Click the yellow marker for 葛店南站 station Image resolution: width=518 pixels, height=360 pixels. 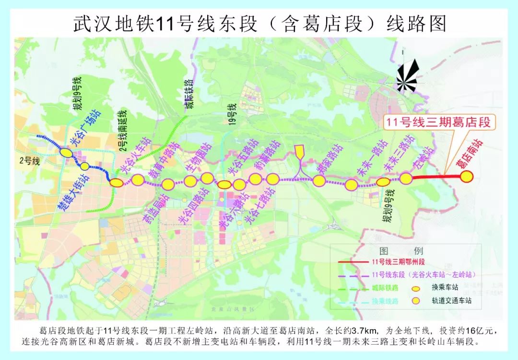pos(467,177)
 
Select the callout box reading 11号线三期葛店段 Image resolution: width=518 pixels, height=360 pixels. pos(438,123)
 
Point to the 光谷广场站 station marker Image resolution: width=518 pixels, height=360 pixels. pos(66,152)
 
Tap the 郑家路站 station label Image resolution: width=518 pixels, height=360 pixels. pos(331,160)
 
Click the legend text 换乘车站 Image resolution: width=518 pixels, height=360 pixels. pos(446,287)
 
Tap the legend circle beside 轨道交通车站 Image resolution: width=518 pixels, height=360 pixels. pos(417,300)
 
